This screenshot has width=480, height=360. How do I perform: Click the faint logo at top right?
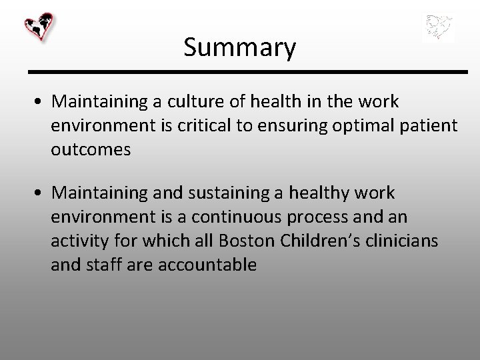[x=438, y=28]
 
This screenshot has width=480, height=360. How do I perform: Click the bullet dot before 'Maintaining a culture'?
[x=41, y=102]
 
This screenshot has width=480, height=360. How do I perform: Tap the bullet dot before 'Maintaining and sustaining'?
[x=41, y=194]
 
